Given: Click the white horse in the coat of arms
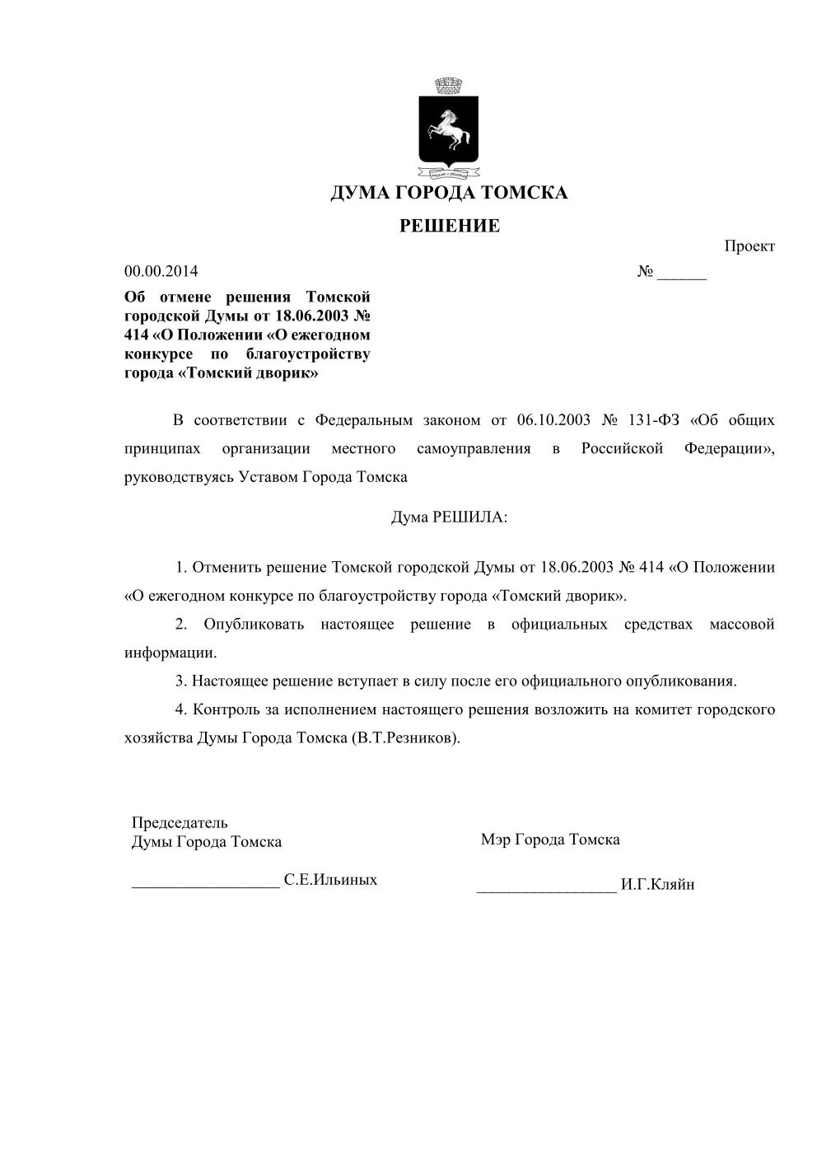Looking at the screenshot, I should click(x=448, y=129).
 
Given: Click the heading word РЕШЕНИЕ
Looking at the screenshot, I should click(x=450, y=226).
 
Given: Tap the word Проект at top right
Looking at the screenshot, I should click(x=749, y=246).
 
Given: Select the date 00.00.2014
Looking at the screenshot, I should click(x=161, y=271).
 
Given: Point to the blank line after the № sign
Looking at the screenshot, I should click(x=682, y=273).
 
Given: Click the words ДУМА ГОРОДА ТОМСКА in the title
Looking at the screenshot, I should click(x=449, y=193).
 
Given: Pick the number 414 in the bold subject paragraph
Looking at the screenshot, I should click(x=137, y=335).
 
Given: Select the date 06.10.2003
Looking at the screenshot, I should click(x=554, y=420).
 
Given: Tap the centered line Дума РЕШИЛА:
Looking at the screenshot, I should click(x=449, y=517).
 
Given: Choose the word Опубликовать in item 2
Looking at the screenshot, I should click(x=254, y=625).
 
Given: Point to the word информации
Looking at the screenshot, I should click(x=170, y=653).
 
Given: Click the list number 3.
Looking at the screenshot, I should click(x=180, y=681).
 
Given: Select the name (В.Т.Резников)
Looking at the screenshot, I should click(x=405, y=738).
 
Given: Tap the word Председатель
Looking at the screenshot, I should click(x=180, y=822).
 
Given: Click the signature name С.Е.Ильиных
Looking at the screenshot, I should click(x=330, y=880).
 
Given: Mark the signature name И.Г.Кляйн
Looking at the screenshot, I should click(x=658, y=885).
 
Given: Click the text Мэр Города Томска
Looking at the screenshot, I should click(x=550, y=840).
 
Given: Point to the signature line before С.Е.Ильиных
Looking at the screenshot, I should click(x=206, y=884).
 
